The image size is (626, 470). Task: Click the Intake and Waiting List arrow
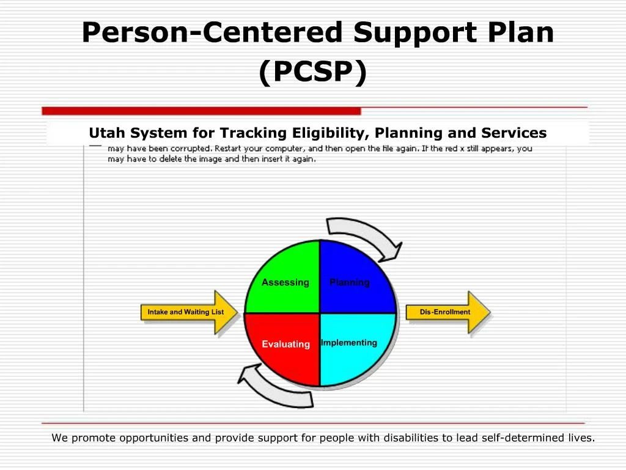coord(186,312)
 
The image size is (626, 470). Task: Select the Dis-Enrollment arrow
coord(446,312)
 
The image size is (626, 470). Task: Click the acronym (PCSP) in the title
coord(312,72)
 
